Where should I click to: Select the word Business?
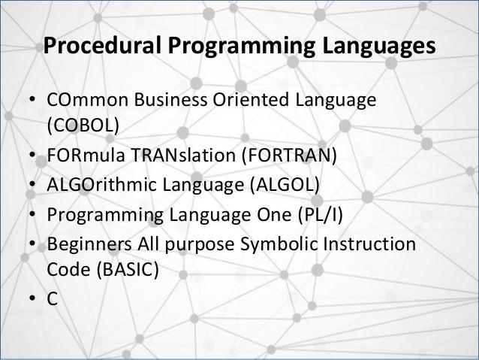[x=163, y=101]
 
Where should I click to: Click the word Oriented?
[x=239, y=101]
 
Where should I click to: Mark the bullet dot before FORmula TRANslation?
[x=33, y=156]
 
